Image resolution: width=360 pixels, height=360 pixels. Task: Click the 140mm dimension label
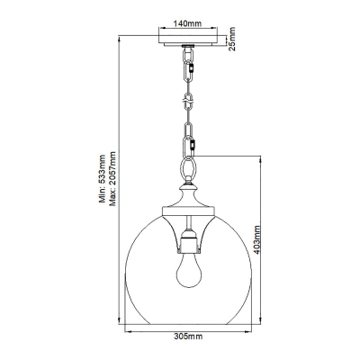coord(188,23)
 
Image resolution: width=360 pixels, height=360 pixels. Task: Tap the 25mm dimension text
coord(232,39)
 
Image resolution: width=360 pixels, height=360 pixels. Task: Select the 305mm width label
coord(188,336)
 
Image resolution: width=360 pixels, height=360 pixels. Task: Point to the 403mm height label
coord(256,239)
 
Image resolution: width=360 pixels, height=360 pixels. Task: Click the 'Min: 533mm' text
coord(103,179)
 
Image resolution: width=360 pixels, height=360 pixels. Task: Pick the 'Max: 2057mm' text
coord(112,179)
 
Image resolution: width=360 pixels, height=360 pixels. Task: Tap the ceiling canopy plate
coord(188,40)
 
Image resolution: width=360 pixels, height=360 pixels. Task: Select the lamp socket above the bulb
coord(188,241)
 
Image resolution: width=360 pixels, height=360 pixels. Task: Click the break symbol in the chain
coord(188,102)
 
